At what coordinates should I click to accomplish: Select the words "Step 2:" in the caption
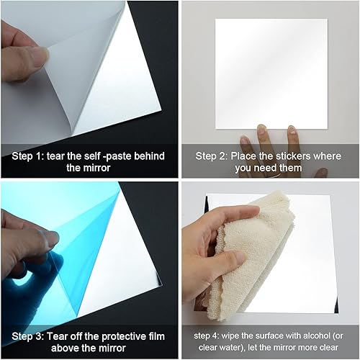[x=214, y=156]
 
